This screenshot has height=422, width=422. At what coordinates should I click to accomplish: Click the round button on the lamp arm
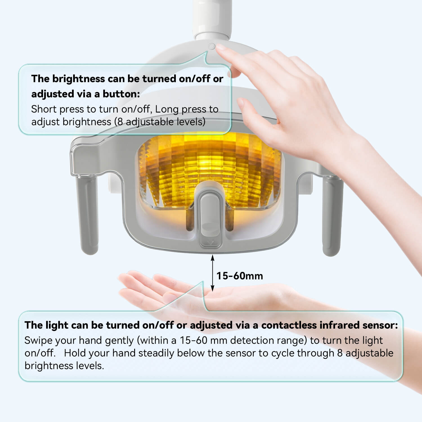212,46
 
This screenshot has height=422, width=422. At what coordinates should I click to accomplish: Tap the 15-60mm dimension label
240,276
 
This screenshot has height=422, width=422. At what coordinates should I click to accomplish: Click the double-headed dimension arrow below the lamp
213,273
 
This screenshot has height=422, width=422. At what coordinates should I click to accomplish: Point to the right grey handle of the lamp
332,215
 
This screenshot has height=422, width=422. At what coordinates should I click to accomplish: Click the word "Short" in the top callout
44,109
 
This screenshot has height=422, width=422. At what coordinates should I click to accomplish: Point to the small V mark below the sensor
210,243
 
